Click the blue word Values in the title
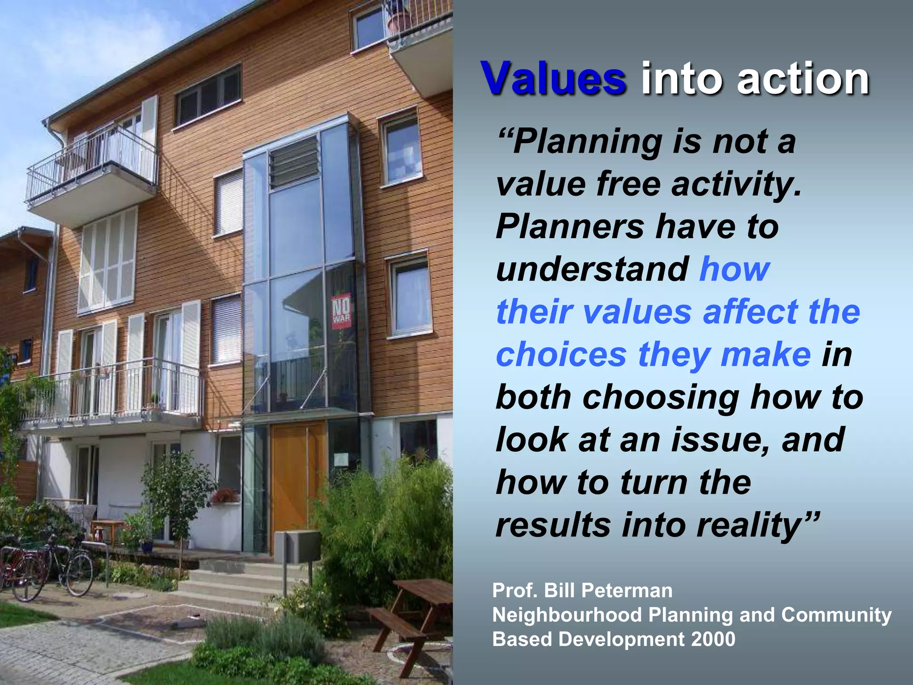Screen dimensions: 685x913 (x=553, y=78)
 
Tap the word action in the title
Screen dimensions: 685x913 (x=803, y=78)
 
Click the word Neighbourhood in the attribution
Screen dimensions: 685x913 (x=566, y=615)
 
